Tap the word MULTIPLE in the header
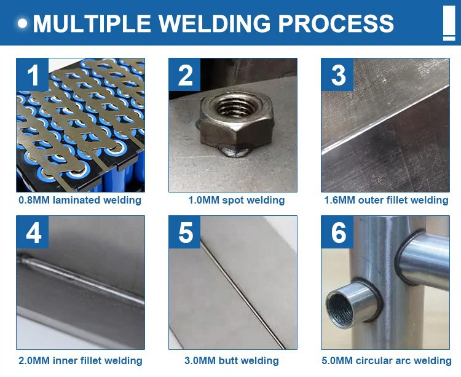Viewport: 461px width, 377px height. tap(93, 23)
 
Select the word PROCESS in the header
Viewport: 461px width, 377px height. tap(336, 23)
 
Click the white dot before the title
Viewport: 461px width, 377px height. tap(23, 24)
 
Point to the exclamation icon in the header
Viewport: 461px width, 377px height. tap(449, 24)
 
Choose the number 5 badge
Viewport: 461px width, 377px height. tap(185, 232)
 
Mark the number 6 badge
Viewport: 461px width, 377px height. tap(338, 232)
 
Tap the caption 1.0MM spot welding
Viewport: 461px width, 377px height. tap(236, 200)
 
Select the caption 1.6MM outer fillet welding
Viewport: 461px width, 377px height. tap(386, 200)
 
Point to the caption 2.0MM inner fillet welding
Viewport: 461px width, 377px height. tap(80, 361)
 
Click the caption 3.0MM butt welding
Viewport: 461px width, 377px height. tap(232, 361)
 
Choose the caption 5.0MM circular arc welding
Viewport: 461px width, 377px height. tap(386, 361)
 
